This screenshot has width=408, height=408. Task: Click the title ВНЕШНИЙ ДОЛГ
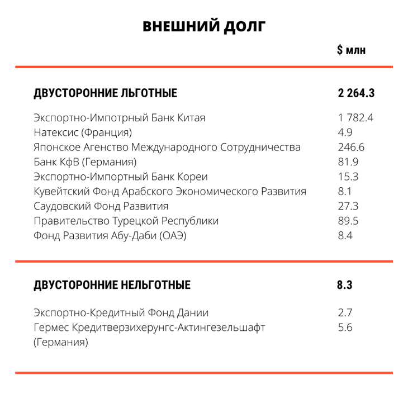(204, 26)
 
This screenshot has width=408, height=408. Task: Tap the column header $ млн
(351, 51)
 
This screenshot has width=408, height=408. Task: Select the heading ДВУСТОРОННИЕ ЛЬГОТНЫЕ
(106, 93)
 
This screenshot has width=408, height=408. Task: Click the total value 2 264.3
(355, 93)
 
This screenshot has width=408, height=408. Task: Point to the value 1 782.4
(355, 118)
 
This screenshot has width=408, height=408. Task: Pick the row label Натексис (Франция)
(83, 133)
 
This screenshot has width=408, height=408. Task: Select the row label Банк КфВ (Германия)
(85, 163)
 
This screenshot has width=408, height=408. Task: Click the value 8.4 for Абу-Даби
(345, 235)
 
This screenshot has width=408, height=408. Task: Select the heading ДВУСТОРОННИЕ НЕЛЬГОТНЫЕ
(112, 285)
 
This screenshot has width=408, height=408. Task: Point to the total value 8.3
(345, 285)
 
